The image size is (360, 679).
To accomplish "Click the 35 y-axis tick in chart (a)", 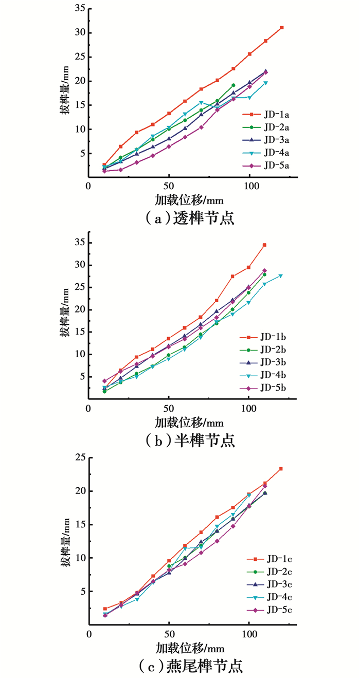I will coord(79,9).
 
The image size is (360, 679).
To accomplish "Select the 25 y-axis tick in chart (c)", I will coord(79,458).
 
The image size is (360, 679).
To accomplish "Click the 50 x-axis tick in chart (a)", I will coord(169,186).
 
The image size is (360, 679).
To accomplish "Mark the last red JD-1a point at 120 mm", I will coord(282,27).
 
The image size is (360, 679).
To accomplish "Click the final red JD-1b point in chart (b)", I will coord(264,245).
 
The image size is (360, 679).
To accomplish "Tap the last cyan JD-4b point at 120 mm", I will coord(281,276).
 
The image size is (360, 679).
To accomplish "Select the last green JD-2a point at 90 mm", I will coord(233,85).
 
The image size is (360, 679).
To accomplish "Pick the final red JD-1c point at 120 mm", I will coord(281,469).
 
